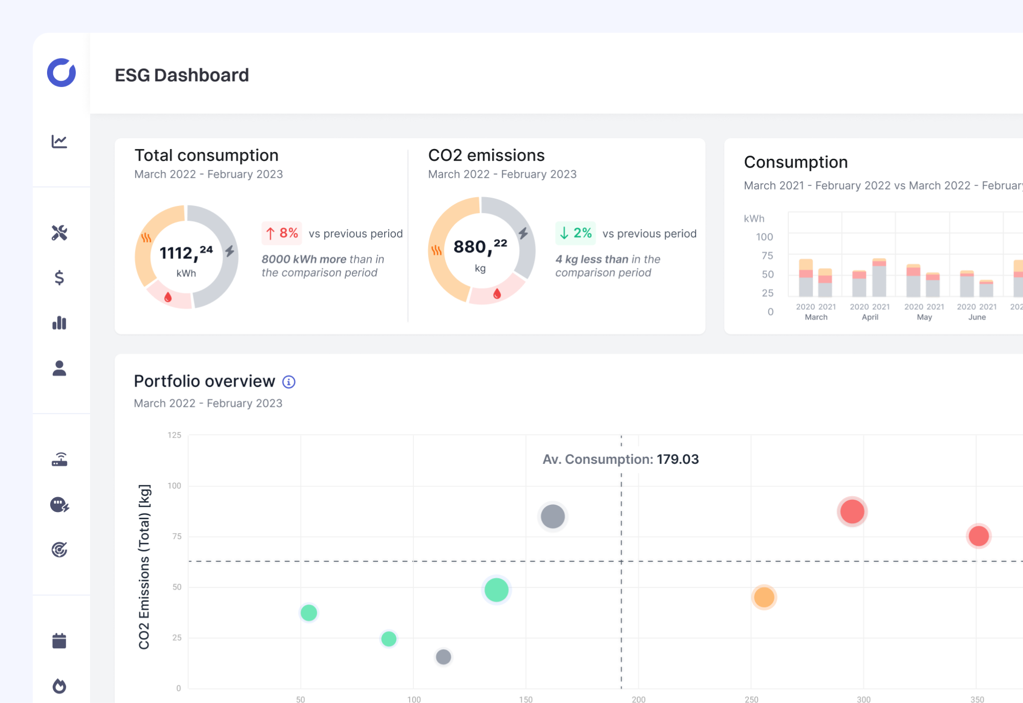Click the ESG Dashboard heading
[182, 75]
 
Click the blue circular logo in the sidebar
[61, 72]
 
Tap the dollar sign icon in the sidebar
[59, 278]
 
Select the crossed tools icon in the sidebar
[59, 232]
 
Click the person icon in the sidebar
[59, 368]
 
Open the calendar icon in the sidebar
[59, 641]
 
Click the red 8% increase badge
[282, 233]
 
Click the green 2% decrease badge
[575, 233]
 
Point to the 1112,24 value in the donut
[186, 252]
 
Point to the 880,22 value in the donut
[480, 247]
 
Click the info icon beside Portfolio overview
[289, 382]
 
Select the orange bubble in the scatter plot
[764, 597]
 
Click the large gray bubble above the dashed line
[552, 516]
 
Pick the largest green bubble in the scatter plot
[496, 590]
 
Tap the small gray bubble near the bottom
[443, 656]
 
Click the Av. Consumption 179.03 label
[620, 459]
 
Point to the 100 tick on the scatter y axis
[174, 485]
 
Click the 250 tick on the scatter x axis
[751, 699]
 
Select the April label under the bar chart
[870, 317]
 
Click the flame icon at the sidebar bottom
[59, 686]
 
